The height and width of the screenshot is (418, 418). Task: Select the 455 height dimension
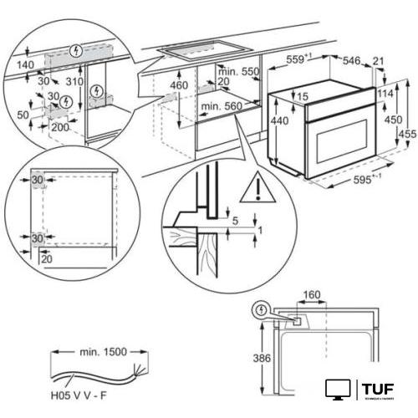pyautogui.click(x=407, y=133)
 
